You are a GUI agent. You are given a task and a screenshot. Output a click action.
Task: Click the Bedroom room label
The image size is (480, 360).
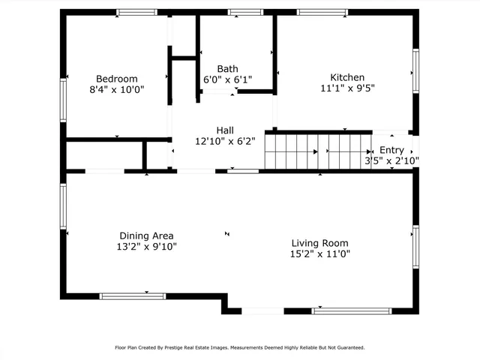[x=116, y=78]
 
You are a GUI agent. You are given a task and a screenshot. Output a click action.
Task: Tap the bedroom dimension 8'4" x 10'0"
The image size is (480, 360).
[x=116, y=88]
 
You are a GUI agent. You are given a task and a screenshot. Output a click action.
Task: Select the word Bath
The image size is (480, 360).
[x=228, y=68]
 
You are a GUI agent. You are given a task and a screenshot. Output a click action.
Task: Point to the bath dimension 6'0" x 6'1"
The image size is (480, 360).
[x=228, y=79]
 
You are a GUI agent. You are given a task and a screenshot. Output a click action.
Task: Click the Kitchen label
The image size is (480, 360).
[x=347, y=77]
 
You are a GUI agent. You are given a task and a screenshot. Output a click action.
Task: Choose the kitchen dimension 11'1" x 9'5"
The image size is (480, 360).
[x=347, y=88]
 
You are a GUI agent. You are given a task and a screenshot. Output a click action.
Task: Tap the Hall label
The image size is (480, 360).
[x=225, y=130]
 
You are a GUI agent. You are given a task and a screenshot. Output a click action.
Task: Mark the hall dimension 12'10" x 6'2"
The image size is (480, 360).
[x=225, y=140]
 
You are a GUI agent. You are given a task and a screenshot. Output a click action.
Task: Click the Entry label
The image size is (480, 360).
[x=391, y=150]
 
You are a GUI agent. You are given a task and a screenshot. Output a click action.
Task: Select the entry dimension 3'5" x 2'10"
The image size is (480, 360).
[x=391, y=160]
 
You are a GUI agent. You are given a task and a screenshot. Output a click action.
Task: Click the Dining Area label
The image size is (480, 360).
[x=148, y=235]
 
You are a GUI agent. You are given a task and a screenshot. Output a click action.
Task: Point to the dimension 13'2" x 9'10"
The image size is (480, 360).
[x=148, y=245]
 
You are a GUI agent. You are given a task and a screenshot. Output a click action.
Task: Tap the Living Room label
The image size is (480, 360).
[x=319, y=243]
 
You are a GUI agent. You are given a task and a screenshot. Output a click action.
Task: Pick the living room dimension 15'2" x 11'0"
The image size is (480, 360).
[x=319, y=253]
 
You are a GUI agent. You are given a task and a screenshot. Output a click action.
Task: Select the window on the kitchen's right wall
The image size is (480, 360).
[x=415, y=72]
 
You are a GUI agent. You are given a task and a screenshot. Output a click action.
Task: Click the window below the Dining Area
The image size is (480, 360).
[x=133, y=296]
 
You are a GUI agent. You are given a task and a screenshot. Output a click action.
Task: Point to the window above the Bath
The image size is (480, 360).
[x=240, y=12]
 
